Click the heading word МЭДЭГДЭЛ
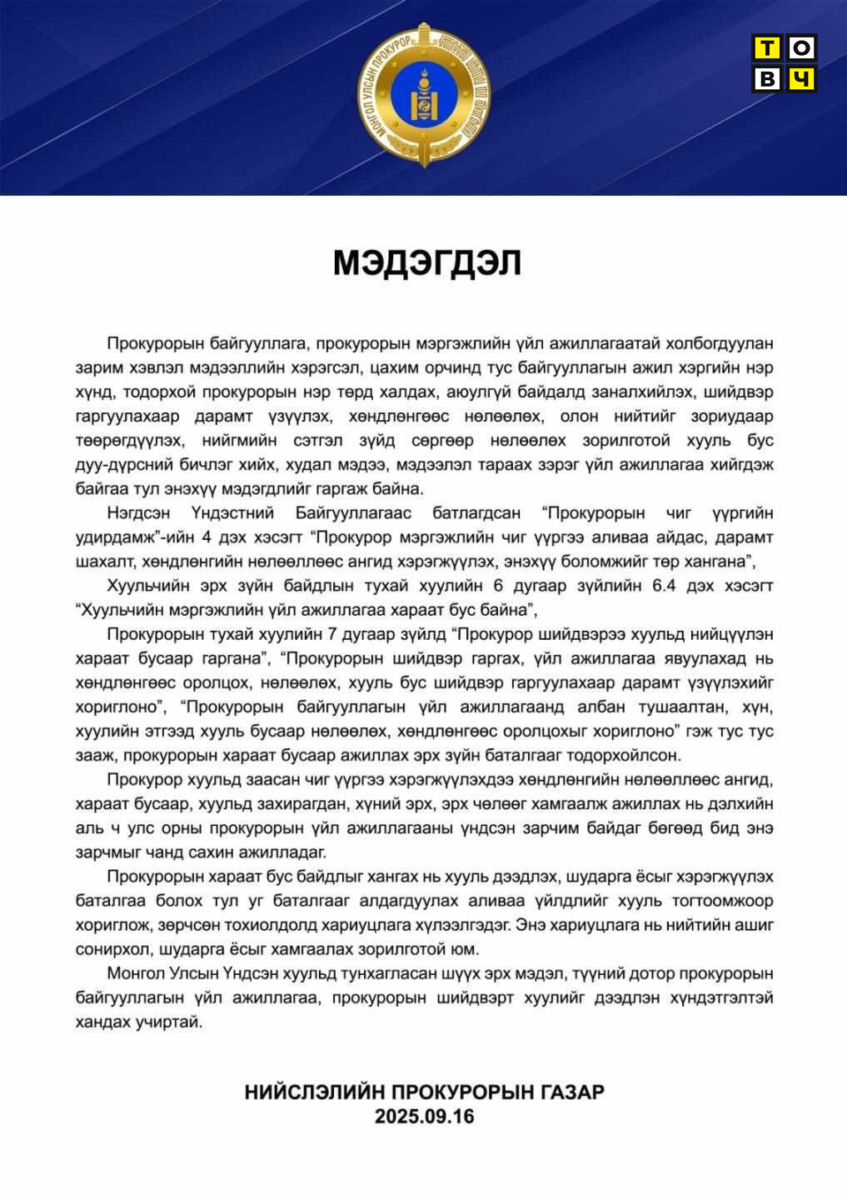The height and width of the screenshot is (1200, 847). [x=427, y=263]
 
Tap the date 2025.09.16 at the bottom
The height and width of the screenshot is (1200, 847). [x=424, y=1117]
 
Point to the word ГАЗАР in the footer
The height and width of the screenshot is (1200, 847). [x=570, y=1092]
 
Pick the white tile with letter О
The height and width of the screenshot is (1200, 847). [x=801, y=48]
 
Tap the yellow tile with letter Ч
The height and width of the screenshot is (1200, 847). [x=801, y=78]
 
